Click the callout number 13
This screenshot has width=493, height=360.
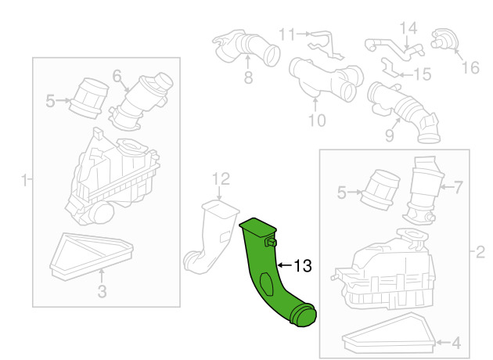point(301,266)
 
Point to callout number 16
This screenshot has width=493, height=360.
point(470,67)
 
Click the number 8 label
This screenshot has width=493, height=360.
point(248,77)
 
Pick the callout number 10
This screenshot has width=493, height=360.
point(316,120)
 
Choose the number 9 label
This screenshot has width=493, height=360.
point(388,136)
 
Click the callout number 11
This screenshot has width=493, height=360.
point(287,34)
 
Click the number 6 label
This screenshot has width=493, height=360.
point(117,76)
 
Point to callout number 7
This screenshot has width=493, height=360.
point(459,187)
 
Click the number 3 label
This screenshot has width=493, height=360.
point(102,293)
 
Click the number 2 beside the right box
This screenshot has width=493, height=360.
point(480,252)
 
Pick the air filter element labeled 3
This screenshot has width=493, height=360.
point(89,253)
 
